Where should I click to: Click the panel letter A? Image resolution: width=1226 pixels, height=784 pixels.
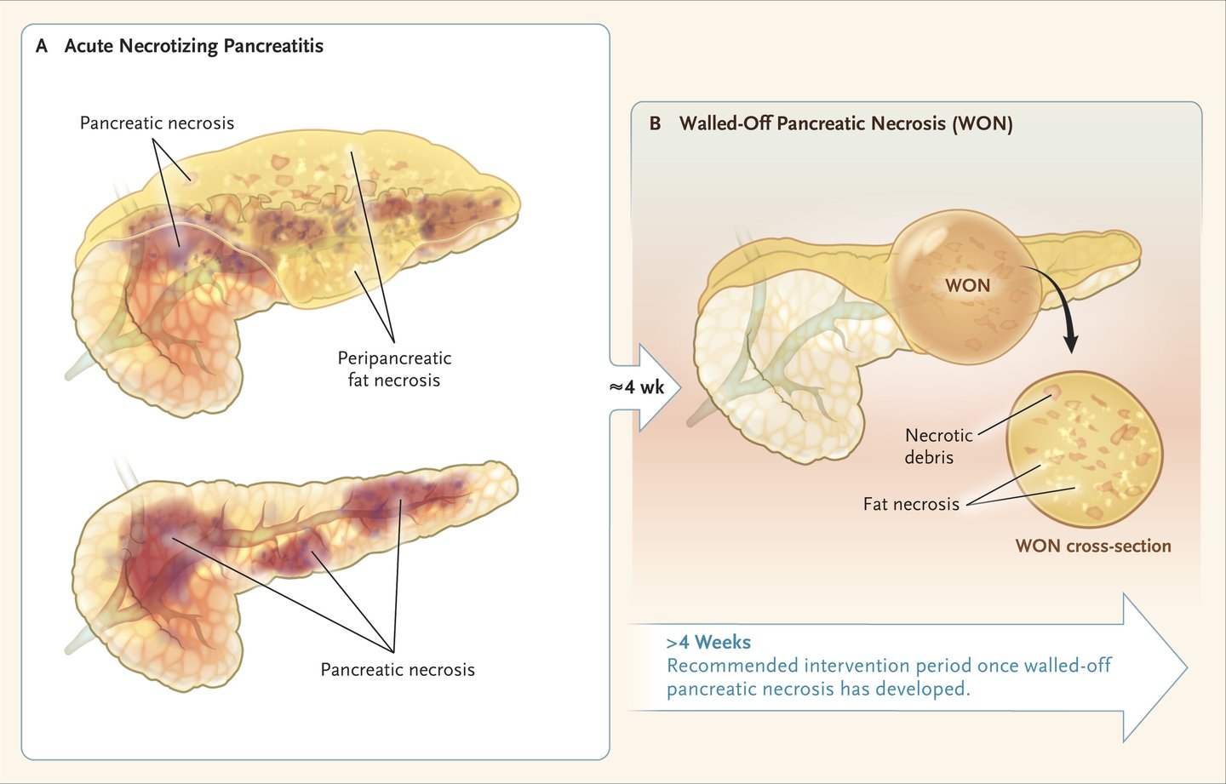[x=42, y=46]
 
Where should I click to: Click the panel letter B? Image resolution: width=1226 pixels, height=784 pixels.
[x=655, y=123]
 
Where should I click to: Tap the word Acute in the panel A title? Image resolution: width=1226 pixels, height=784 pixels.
[x=89, y=46]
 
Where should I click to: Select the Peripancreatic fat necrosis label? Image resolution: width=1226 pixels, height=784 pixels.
[x=394, y=369]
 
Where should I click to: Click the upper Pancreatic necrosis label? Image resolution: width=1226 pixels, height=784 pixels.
[x=157, y=123]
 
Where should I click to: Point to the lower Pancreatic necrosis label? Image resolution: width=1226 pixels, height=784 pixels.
[x=398, y=670]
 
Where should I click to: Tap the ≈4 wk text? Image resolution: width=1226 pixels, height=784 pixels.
[x=637, y=387]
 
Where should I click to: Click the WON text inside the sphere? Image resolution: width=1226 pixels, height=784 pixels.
[x=968, y=285]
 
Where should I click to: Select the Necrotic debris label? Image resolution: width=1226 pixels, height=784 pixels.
[x=938, y=446]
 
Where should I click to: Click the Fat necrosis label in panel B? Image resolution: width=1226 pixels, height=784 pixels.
[x=911, y=504]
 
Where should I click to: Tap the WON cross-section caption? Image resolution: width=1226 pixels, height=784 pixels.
[x=1093, y=546]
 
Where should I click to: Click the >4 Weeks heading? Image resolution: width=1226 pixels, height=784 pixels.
[x=708, y=642]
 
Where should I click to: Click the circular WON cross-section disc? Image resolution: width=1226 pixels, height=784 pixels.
[x=1085, y=449]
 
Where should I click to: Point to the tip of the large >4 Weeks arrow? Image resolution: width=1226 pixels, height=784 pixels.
[x=1188, y=667]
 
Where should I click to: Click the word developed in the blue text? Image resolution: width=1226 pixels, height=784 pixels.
[x=923, y=690]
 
